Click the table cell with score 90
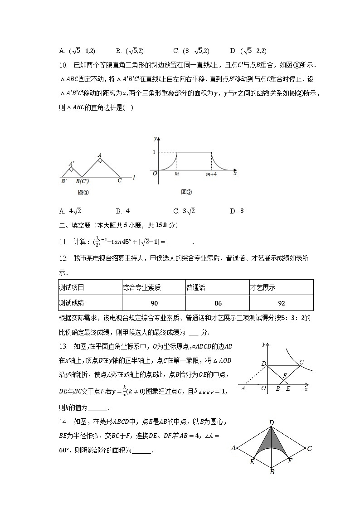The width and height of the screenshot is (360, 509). [154, 303]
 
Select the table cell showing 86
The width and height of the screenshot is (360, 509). [218, 303]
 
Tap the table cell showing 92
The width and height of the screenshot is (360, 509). [281, 303]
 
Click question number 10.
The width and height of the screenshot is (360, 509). [63, 65]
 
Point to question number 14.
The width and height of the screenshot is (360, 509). [63, 422]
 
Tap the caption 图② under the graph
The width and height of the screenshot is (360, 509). [186, 192]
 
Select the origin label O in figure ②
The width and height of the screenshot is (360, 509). [154, 173]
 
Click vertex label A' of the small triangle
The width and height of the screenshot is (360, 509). [72, 164]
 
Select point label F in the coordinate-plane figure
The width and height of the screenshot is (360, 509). [284, 376]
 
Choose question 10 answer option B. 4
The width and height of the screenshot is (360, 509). [123, 211]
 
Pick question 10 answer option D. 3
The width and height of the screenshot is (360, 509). [237, 211]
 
